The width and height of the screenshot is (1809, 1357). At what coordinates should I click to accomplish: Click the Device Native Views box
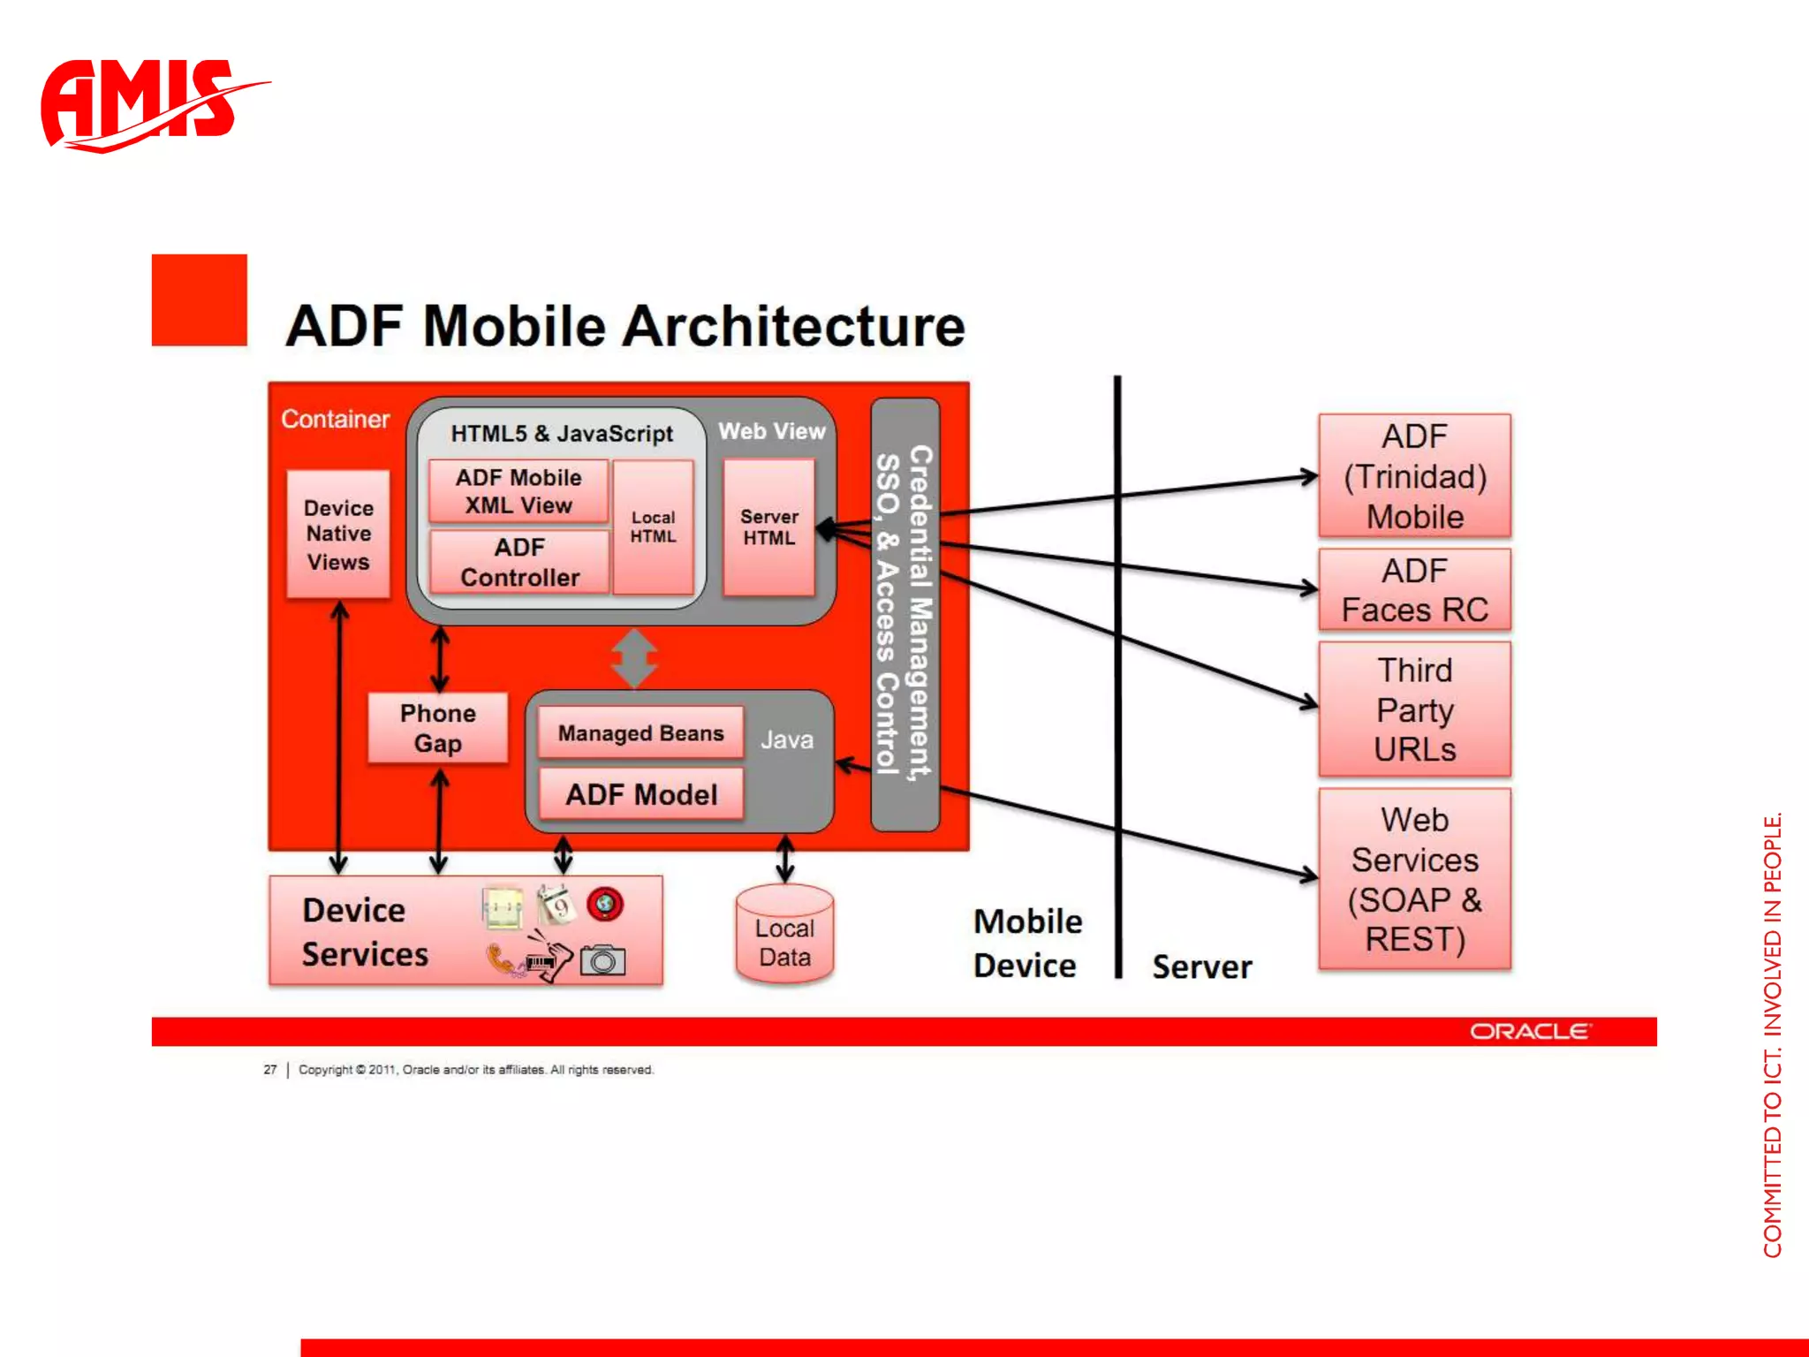pyautogui.click(x=338, y=534)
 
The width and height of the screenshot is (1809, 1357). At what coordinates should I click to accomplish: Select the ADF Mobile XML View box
pyautogui.click(x=518, y=491)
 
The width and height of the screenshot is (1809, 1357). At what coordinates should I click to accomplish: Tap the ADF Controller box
pyautogui.click(x=519, y=562)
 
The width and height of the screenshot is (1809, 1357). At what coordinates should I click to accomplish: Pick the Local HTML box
pyautogui.click(x=653, y=527)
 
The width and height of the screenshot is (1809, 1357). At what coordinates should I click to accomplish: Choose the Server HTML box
pyautogui.click(x=768, y=527)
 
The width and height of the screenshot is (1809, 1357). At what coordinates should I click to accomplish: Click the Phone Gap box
pyautogui.click(x=438, y=728)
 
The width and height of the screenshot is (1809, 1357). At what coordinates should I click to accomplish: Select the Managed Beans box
pyautogui.click(x=640, y=733)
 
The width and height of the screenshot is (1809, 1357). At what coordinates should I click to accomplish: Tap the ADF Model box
pyautogui.click(x=641, y=794)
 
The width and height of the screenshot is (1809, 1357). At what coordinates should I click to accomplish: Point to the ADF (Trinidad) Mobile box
pyautogui.click(x=1414, y=476)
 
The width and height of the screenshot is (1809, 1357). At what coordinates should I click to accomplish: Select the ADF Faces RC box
pyautogui.click(x=1414, y=590)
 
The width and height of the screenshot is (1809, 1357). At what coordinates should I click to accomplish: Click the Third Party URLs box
pyautogui.click(x=1414, y=709)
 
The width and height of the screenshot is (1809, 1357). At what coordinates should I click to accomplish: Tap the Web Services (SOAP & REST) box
pyautogui.click(x=1414, y=879)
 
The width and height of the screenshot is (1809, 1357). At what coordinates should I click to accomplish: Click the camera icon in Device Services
pyautogui.click(x=602, y=960)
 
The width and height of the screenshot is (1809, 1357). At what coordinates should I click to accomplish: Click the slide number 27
pyautogui.click(x=269, y=1070)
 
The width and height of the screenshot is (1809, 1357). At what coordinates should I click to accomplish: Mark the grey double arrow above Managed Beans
pyautogui.click(x=634, y=658)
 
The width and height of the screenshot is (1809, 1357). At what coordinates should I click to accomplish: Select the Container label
pyautogui.click(x=335, y=419)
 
